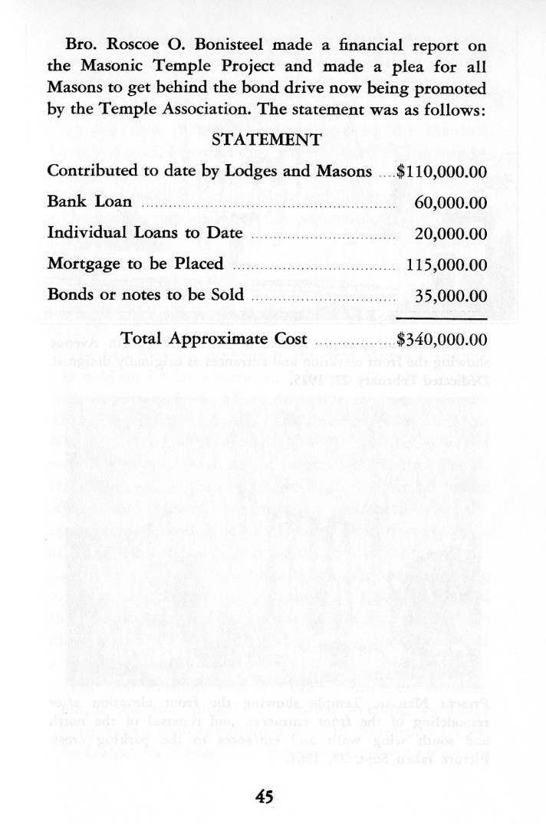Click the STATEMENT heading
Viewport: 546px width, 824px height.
(x=266, y=140)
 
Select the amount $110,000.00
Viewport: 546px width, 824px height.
(x=442, y=171)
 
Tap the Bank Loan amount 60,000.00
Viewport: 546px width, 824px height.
(x=451, y=202)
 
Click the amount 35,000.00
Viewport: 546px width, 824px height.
(x=451, y=296)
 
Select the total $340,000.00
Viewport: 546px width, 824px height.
(x=442, y=339)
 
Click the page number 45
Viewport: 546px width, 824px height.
(x=265, y=796)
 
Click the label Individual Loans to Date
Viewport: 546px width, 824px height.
(x=145, y=233)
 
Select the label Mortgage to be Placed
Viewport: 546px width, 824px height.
(x=135, y=264)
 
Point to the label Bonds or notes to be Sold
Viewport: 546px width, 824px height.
(x=146, y=295)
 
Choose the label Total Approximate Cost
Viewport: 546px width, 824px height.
(x=215, y=339)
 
